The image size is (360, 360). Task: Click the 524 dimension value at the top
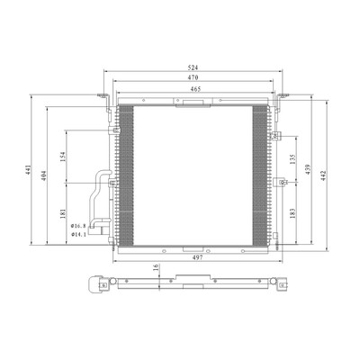[193, 67]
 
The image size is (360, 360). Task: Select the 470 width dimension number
[193, 77]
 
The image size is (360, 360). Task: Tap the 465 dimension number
[195, 89]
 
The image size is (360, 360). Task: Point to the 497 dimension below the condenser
[198, 257]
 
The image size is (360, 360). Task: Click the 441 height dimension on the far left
[28, 170]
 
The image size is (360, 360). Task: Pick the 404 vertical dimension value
[44, 175]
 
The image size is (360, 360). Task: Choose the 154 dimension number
[63, 157]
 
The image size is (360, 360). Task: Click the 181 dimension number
[63, 213]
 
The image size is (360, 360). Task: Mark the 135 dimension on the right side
[293, 159]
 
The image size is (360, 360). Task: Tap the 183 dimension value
[293, 213]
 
